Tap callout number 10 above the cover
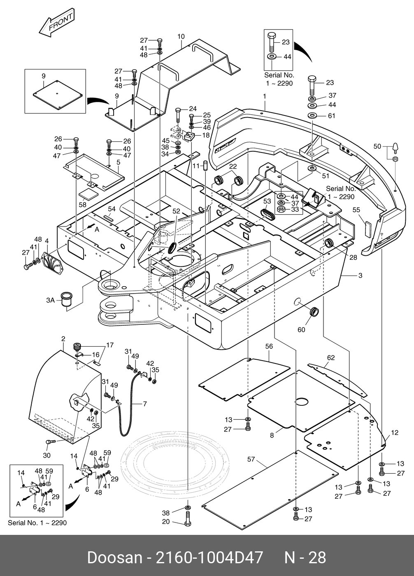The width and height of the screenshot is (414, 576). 181,37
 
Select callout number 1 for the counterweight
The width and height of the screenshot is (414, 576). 265,96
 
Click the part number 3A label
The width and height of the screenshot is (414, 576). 50,301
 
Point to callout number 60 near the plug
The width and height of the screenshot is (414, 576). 301,330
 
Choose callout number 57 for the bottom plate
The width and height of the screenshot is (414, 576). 251,459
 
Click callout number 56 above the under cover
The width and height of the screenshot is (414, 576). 269,347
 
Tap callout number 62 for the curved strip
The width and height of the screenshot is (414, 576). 331,358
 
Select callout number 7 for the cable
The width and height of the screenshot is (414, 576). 145,404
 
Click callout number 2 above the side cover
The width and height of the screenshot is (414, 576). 63,339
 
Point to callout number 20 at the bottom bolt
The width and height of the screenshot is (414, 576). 166,522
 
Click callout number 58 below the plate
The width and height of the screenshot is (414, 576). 83,204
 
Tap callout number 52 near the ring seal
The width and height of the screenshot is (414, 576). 176,211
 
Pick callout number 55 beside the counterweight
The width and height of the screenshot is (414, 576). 356,210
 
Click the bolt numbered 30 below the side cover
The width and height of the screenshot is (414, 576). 50,442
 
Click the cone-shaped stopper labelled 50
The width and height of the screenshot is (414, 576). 395,146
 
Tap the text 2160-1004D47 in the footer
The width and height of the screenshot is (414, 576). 208,557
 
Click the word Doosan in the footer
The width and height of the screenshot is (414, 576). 112,557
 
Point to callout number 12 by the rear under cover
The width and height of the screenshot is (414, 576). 395,433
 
